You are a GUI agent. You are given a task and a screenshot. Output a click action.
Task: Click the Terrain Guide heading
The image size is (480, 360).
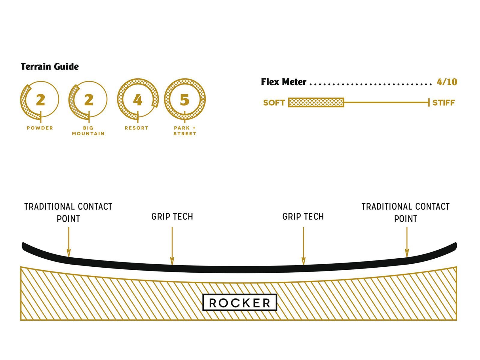[x=49, y=67]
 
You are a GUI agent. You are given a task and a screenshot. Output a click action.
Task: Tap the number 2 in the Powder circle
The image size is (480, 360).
[x=40, y=100]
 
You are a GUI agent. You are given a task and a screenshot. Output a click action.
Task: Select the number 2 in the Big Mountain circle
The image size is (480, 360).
[x=88, y=100]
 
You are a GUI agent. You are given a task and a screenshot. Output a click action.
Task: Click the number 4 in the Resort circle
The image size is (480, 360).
[x=137, y=100]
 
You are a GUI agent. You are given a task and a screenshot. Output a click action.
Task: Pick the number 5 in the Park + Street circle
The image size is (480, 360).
[x=185, y=100]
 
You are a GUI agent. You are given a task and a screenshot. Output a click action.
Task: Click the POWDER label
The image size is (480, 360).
[x=40, y=128]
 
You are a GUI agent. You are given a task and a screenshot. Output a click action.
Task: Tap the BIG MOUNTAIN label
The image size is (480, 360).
[x=88, y=131]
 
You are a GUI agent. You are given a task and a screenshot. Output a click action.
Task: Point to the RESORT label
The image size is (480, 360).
[x=137, y=128]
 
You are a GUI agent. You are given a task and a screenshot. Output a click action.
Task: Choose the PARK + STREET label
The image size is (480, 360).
[x=185, y=131]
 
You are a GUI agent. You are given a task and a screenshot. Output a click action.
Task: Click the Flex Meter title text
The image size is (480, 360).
[x=283, y=82]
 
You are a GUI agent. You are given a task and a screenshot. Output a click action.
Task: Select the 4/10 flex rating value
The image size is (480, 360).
[x=447, y=82]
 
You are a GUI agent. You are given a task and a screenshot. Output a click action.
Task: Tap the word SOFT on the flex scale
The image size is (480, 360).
[x=274, y=103]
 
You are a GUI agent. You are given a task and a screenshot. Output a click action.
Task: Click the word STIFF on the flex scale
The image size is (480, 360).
[x=443, y=103]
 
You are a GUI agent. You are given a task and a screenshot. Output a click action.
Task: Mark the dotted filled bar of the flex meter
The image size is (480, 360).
[x=316, y=103]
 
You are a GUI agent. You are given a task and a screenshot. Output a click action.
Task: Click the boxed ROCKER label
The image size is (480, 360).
[x=240, y=303]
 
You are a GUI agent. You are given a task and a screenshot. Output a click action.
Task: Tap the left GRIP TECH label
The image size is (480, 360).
[x=172, y=217]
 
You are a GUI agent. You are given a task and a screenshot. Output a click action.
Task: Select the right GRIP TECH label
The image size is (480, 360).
[x=303, y=217]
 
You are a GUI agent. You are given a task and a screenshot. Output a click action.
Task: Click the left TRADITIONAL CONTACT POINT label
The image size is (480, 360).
[x=68, y=212]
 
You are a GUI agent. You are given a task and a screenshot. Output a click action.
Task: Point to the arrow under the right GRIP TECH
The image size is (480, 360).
[x=303, y=246]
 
